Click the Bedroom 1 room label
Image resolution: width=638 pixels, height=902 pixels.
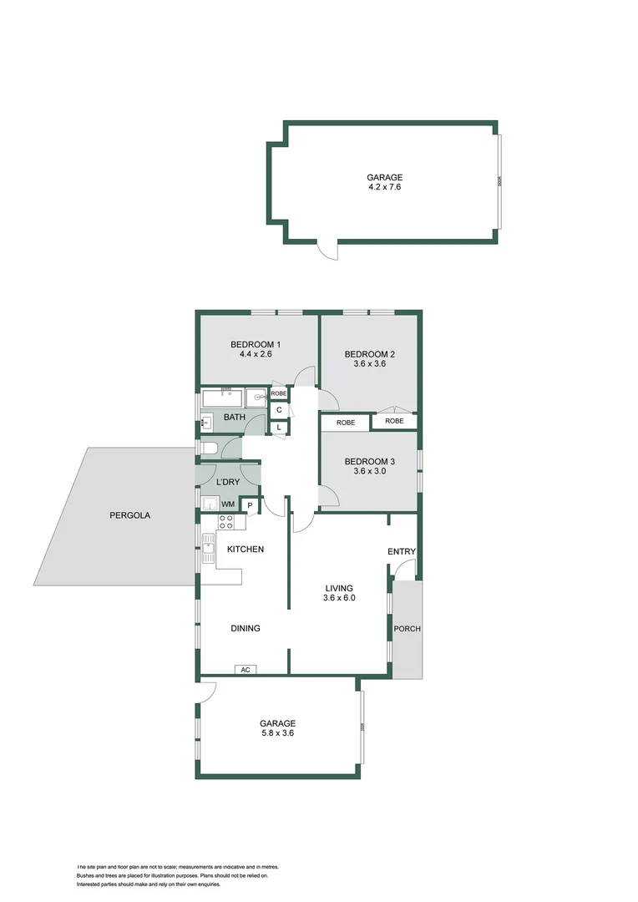(256, 345)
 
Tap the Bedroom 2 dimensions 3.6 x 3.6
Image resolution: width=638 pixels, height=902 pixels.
(370, 364)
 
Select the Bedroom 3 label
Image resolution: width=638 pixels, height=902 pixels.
(370, 461)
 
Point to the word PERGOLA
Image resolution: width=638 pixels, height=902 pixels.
(130, 515)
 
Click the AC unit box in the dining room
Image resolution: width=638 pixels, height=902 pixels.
(245, 669)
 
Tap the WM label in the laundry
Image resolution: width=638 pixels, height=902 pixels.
(228, 504)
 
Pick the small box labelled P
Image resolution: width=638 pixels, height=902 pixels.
(250, 505)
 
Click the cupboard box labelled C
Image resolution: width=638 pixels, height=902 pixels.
(279, 409)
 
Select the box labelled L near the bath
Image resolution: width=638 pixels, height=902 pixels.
(279, 428)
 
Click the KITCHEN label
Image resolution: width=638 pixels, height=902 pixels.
(246, 549)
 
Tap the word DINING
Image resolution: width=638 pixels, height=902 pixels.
(246, 628)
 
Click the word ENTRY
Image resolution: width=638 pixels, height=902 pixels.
(402, 552)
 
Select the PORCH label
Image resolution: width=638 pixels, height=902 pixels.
(408, 629)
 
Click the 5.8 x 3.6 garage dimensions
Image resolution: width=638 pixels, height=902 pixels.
(277, 733)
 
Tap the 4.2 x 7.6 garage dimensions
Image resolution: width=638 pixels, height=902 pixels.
(385, 187)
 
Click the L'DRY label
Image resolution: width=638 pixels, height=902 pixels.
(228, 483)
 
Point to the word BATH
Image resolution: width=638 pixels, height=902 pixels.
(235, 417)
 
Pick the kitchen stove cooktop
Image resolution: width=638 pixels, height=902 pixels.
(226, 522)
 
